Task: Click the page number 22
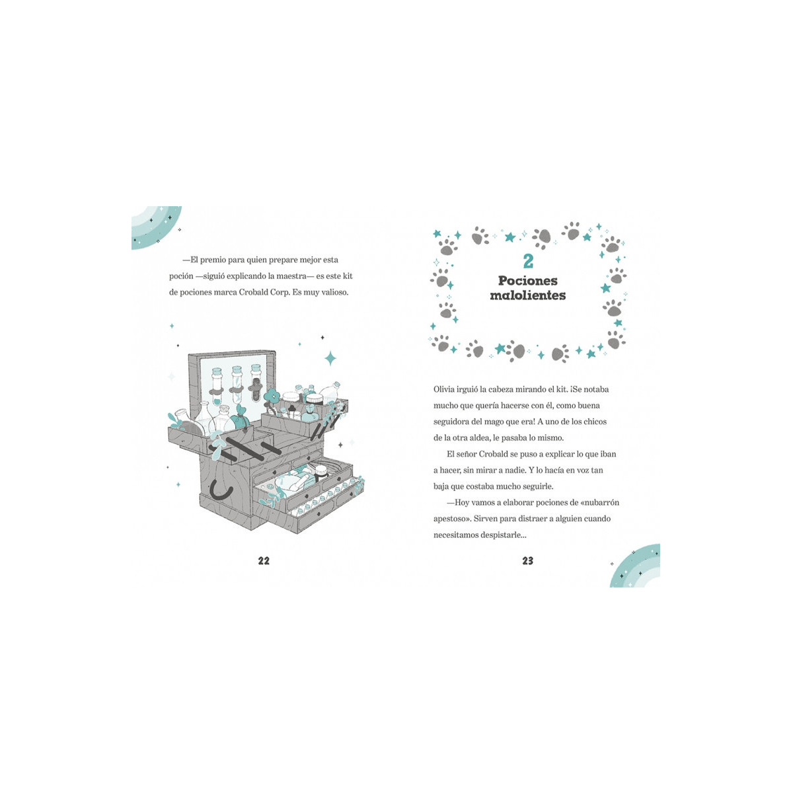point(264,560)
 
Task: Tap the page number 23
point(527,560)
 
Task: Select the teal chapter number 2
point(528,261)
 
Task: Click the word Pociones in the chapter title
point(528,281)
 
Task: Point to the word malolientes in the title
point(528,295)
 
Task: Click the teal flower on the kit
point(272,397)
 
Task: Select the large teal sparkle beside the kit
point(330,358)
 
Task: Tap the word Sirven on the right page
point(485,519)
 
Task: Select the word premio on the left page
point(213,260)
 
